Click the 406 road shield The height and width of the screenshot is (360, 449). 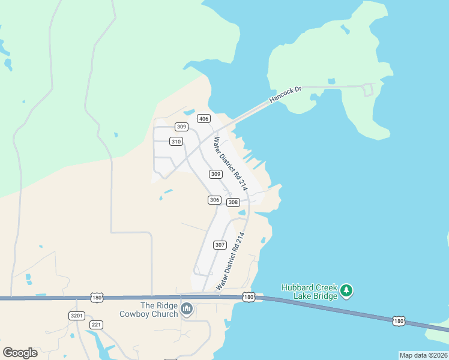(204, 118)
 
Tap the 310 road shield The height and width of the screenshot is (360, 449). (175, 142)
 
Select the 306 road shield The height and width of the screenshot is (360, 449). (214, 200)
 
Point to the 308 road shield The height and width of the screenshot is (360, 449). (234, 202)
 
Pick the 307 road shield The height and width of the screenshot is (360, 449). (220, 245)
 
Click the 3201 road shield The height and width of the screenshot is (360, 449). (77, 316)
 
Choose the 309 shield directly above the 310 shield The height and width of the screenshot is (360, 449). (182, 127)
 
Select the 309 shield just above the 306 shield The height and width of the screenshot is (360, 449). (216, 174)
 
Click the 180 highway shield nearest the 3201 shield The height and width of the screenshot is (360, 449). (97, 297)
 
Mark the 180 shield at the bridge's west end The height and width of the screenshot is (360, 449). (249, 297)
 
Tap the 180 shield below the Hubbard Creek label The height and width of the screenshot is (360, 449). (399, 321)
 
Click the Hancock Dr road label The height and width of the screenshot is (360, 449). (285, 94)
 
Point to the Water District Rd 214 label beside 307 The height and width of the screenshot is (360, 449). (232, 261)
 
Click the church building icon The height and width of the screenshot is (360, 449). (187, 310)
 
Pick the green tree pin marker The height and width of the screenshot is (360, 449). (346, 291)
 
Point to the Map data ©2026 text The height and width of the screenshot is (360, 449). (423, 355)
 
